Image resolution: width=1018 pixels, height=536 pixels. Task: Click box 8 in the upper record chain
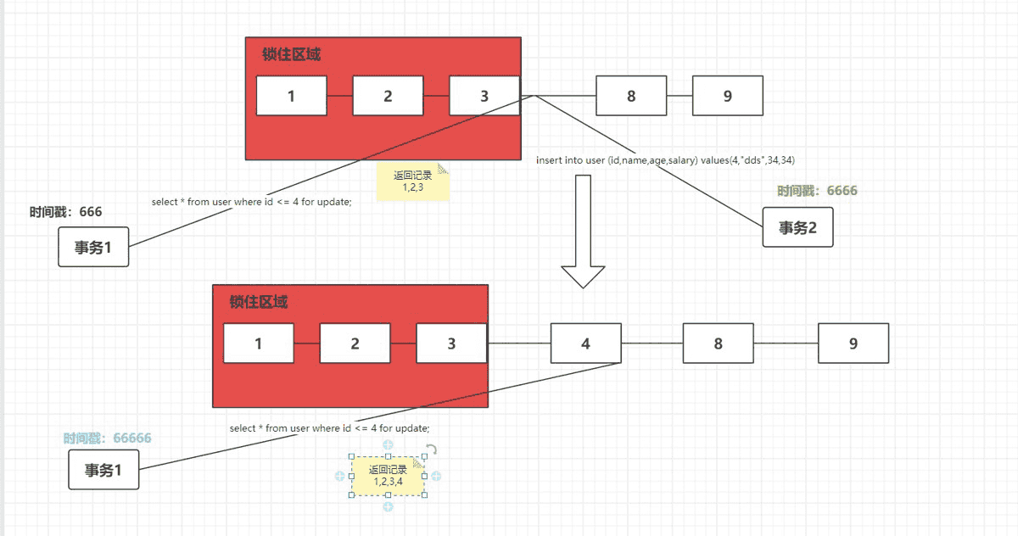pos(631,95)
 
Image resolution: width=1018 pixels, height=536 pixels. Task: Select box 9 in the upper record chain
pos(727,95)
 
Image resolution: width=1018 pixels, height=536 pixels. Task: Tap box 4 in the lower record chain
pos(585,343)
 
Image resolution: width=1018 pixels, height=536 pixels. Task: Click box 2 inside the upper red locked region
pos(388,95)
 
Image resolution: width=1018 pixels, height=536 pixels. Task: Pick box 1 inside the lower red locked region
pos(258,343)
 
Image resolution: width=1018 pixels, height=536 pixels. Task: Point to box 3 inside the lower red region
pos(451,343)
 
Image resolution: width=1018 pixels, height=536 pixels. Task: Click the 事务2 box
pos(797,227)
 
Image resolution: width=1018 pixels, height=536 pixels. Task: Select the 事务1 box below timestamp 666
pos(93,247)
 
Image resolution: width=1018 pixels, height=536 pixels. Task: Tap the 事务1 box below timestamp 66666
pos(103,470)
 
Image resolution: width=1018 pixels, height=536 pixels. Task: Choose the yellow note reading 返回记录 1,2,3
pos(412,181)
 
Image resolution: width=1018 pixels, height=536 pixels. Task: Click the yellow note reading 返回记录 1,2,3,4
pos(388,476)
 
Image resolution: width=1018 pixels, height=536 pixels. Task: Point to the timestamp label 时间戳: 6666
pos(817,191)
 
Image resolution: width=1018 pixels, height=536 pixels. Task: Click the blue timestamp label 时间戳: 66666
pos(107,438)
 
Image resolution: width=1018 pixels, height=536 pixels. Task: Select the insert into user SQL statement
pos(665,159)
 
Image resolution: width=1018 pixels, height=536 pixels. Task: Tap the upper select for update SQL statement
pos(251,202)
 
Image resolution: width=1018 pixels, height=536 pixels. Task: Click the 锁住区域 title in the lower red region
pos(259,303)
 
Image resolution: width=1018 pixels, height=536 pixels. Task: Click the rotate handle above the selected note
pos(431,450)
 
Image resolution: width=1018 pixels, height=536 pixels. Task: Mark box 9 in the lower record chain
pos(853,343)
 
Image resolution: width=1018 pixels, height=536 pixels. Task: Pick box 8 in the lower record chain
pos(718,343)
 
